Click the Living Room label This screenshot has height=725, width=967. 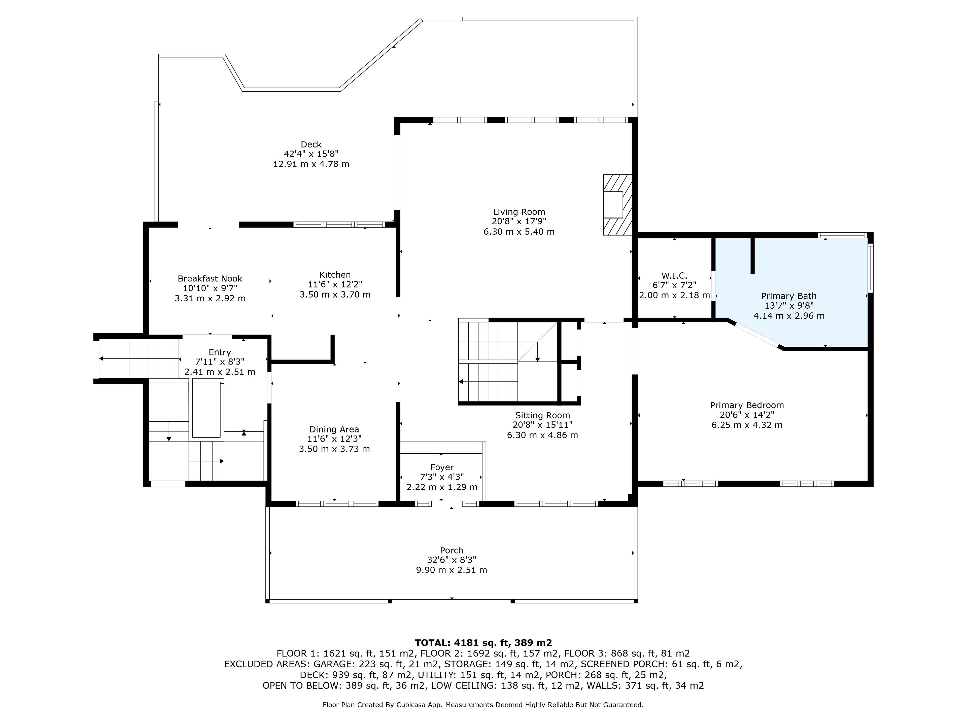point(519,212)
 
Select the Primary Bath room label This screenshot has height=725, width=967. point(789,296)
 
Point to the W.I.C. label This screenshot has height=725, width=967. point(674,276)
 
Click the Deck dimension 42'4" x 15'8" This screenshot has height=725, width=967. point(311,154)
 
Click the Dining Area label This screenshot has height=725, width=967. point(334,429)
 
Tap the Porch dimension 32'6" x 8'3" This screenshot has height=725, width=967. point(452,560)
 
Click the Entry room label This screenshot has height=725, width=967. point(220,352)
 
